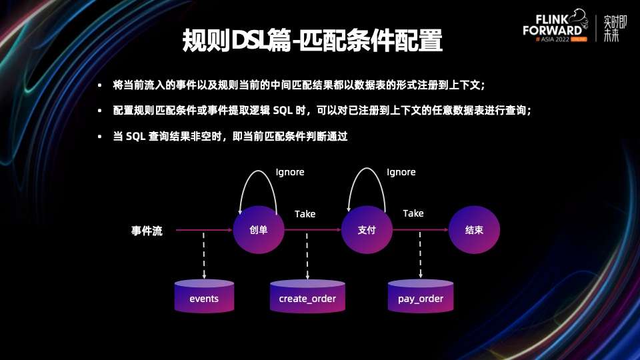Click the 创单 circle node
click(259, 231)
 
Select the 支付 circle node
click(367, 231)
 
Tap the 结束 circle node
click(474, 231)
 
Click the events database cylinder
click(204, 297)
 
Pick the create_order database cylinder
click(307, 297)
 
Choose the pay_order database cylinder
click(421, 297)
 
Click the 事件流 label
click(147, 231)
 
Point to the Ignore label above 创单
click(290, 172)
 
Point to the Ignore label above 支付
click(401, 172)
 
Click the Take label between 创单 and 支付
click(305, 214)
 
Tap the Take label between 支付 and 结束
click(413, 213)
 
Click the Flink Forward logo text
click(553, 27)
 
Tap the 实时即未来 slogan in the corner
click(611, 29)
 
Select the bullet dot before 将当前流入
click(100, 86)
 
